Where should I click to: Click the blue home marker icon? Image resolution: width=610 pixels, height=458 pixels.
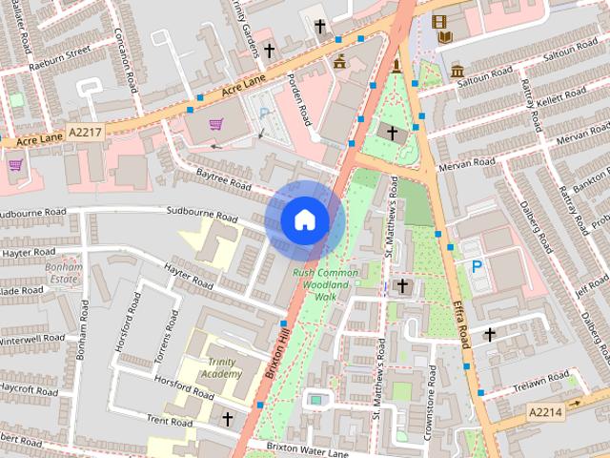pyautogui.click(x=303, y=219)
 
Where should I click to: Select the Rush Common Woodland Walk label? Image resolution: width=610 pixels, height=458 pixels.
pyautogui.click(x=326, y=284)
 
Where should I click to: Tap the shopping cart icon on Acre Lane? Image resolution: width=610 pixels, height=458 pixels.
pyautogui.click(x=216, y=123)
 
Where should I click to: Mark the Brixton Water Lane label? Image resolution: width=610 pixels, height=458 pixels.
pyautogui.click(x=295, y=447)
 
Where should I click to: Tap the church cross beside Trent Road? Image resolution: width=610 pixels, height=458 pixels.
pyautogui.click(x=227, y=418)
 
